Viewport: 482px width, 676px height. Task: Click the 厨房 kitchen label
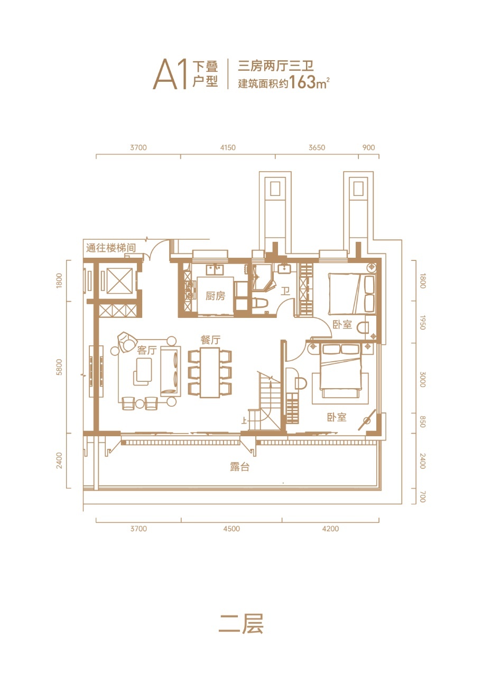215,296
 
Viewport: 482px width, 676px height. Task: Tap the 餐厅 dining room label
210,340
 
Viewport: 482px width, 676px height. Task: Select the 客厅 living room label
147,350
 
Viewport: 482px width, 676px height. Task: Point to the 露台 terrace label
239,467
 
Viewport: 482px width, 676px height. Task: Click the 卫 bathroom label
285,291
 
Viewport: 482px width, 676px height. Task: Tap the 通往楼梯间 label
111,248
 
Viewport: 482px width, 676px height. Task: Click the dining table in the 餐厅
210,373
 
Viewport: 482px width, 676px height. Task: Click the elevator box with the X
119,280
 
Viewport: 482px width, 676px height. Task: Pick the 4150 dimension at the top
228,147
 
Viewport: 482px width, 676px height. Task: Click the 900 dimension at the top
368,147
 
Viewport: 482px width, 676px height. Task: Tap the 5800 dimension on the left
59,367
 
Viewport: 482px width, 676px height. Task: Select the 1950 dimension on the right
422,323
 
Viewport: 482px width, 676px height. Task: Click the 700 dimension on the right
422,497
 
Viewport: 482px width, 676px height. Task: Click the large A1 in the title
170,74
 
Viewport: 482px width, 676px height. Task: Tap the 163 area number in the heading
302,82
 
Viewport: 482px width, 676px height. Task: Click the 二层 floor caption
240,624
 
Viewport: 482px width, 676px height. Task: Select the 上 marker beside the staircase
244,420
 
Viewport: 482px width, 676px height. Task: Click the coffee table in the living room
143,371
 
